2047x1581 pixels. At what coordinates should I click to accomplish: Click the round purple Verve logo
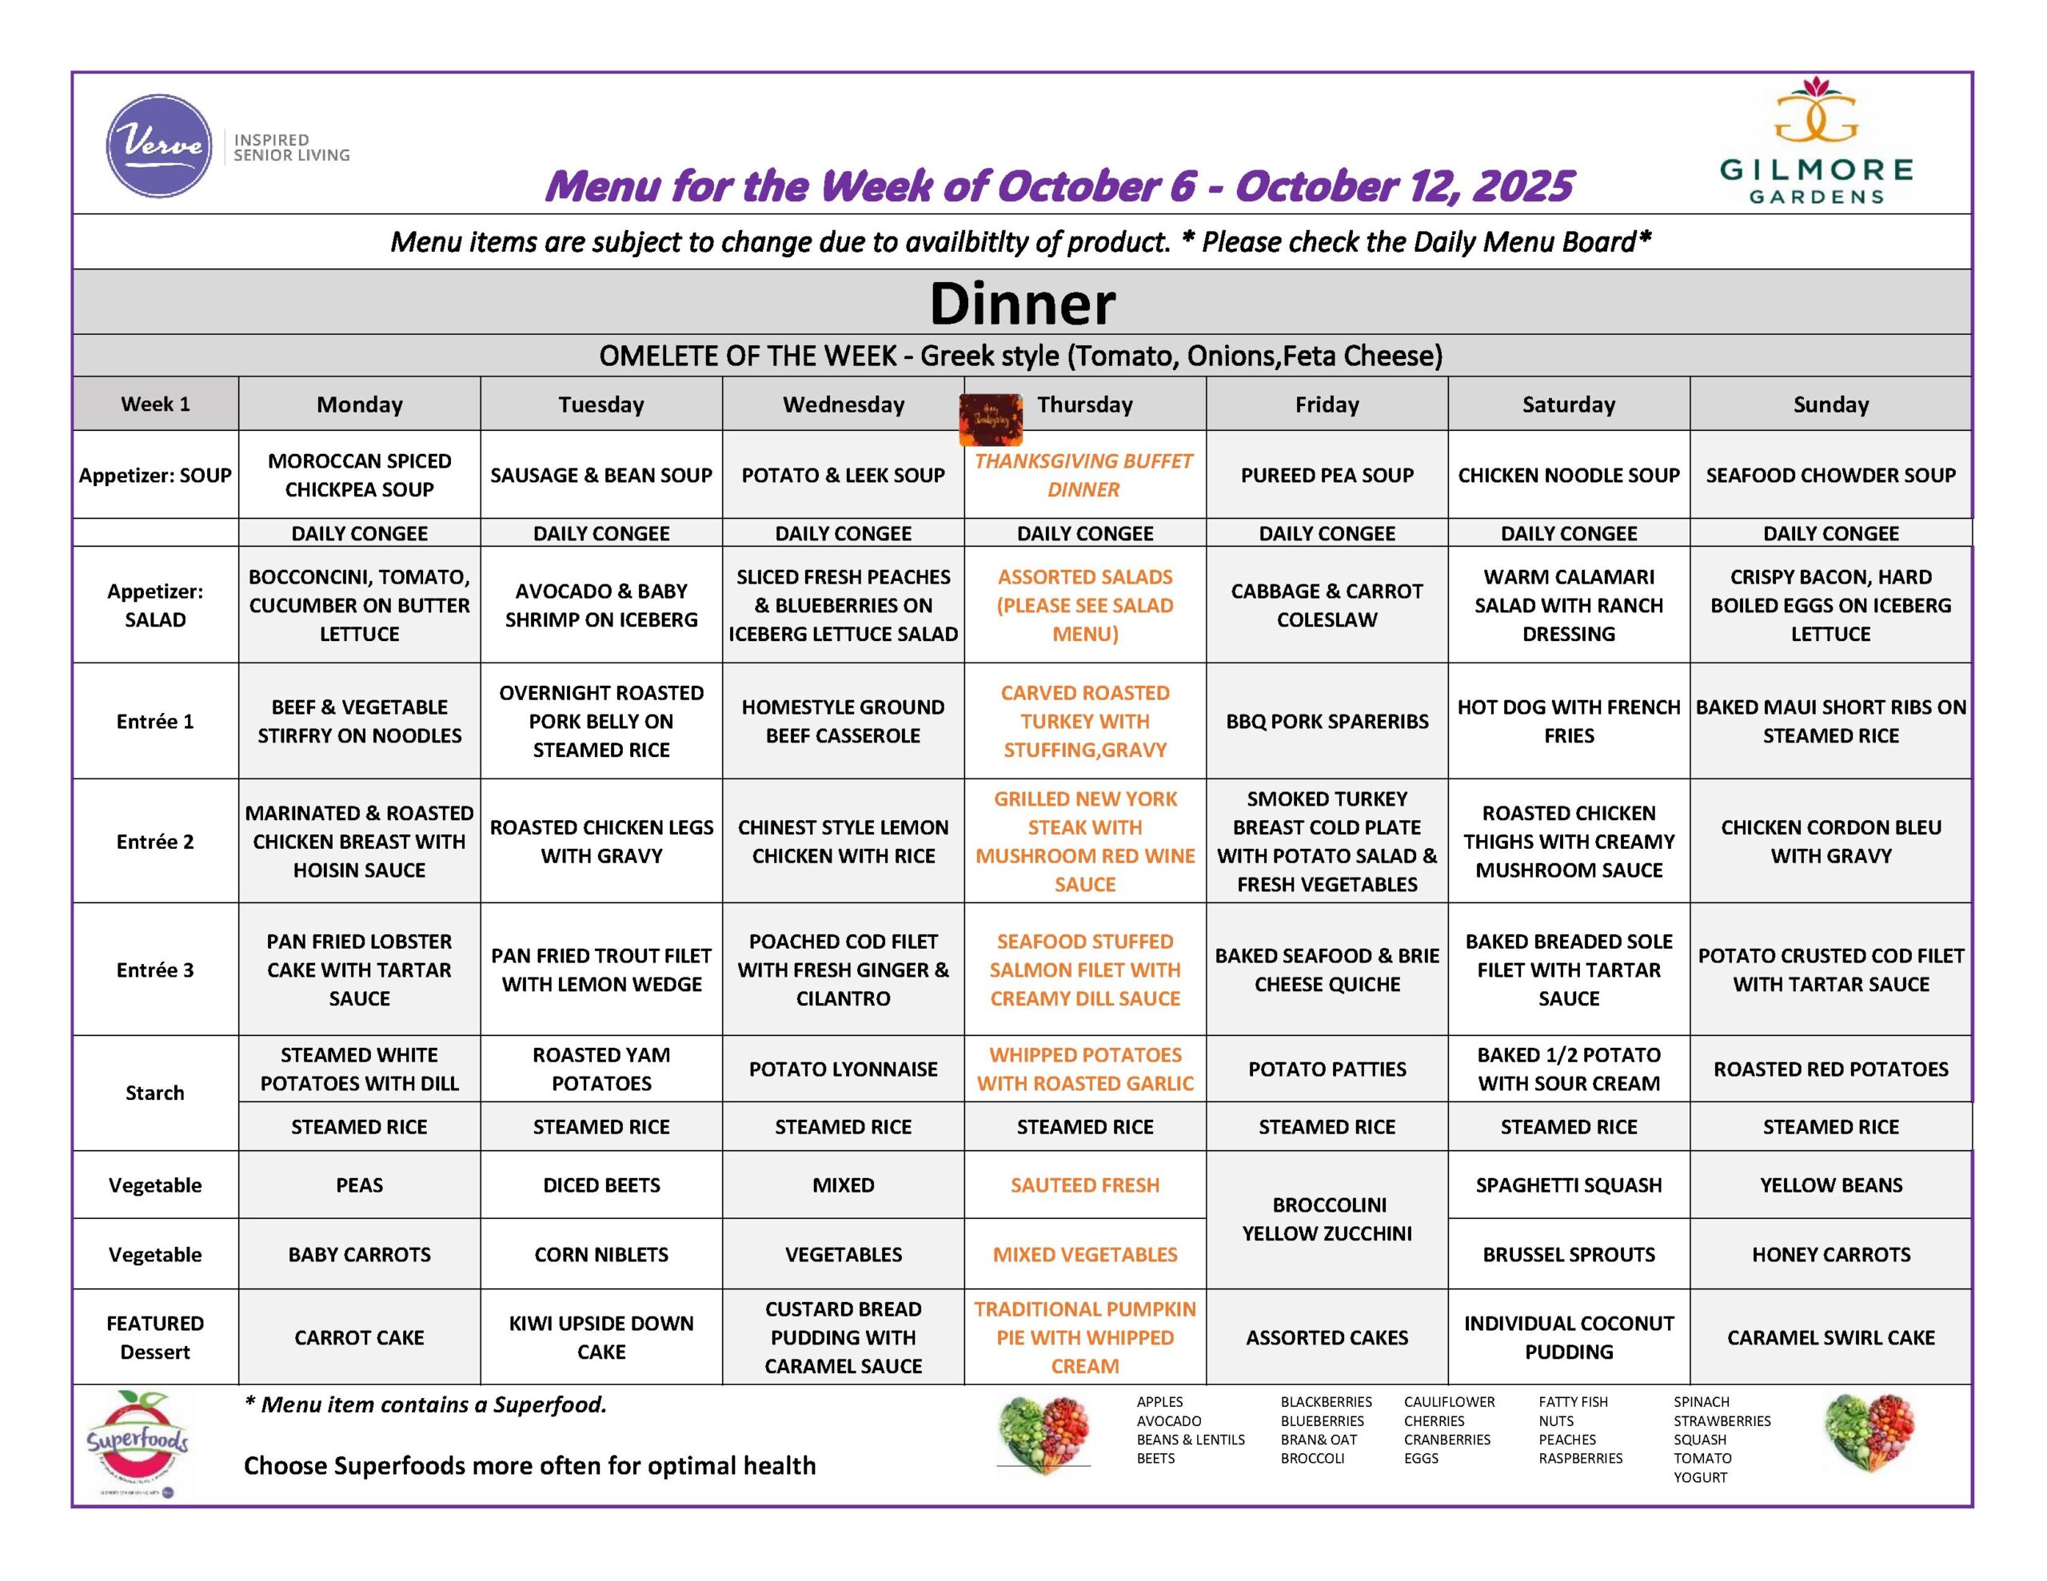click(158, 145)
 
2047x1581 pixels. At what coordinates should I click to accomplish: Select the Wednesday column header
click(844, 405)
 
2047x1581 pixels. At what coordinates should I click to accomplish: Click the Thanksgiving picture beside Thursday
click(990, 419)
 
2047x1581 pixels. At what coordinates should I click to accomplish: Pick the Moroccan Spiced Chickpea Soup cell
click(359, 475)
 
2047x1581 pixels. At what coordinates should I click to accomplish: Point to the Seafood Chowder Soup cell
click(1830, 475)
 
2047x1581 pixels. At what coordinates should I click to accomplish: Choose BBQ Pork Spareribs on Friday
click(1327, 722)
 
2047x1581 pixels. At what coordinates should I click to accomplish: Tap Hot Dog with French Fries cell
click(1568, 722)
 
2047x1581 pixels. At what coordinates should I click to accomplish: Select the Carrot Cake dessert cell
click(359, 1337)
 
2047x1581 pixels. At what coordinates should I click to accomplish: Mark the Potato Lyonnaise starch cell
click(843, 1069)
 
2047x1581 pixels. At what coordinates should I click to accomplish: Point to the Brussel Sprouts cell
click(1568, 1255)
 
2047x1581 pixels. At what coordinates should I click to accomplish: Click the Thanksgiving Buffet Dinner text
click(1083, 475)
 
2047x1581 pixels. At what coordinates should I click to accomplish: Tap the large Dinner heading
click(1022, 304)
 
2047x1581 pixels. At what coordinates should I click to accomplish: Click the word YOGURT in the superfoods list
click(1699, 1478)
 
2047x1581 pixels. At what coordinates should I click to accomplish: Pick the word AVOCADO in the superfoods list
click(1168, 1421)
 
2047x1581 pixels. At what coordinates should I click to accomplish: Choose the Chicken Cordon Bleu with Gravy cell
click(1830, 842)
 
